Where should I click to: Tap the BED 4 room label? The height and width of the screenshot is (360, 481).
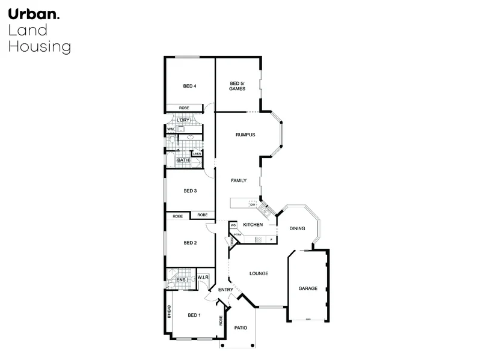pyautogui.click(x=190, y=86)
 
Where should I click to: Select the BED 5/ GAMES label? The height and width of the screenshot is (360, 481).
pyautogui.click(x=237, y=86)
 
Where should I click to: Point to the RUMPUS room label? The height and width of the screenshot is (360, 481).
pyautogui.click(x=245, y=135)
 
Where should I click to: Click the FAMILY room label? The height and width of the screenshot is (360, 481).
pyautogui.click(x=239, y=180)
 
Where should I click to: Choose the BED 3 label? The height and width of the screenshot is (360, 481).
pyautogui.click(x=190, y=191)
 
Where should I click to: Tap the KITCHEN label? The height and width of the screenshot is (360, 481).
pyautogui.click(x=253, y=225)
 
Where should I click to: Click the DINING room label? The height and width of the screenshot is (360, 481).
pyautogui.click(x=298, y=228)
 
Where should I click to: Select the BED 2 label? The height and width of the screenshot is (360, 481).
pyautogui.click(x=190, y=243)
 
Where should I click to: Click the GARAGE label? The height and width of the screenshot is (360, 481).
pyautogui.click(x=308, y=288)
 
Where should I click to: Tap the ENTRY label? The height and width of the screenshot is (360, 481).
pyautogui.click(x=225, y=290)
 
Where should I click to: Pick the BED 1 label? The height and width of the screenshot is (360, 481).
pyautogui.click(x=194, y=315)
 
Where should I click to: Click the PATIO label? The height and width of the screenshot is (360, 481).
pyautogui.click(x=240, y=328)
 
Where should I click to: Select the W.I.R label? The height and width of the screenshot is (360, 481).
pyautogui.click(x=203, y=277)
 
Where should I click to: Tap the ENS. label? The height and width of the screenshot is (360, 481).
pyautogui.click(x=181, y=280)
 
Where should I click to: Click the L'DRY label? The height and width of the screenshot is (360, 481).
pyautogui.click(x=183, y=120)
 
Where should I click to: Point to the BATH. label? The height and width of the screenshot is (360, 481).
pyautogui.click(x=183, y=160)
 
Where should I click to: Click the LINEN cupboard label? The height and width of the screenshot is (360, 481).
pyautogui.click(x=197, y=154)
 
